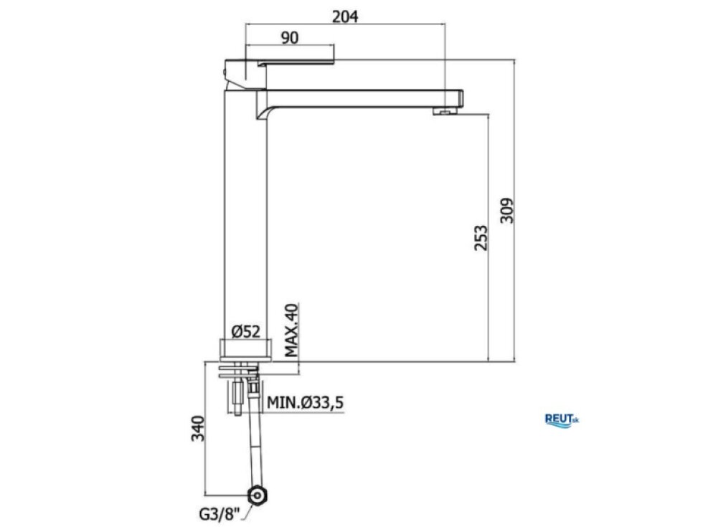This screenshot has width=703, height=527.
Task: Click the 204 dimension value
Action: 345,16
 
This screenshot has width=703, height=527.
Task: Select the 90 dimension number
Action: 290,37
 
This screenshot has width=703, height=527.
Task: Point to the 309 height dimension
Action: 507,210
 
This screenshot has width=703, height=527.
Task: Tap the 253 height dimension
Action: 481,237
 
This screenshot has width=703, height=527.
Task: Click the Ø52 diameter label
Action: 245,331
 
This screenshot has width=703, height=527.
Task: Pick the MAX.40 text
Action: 291,331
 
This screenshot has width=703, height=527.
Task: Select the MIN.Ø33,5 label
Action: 305,402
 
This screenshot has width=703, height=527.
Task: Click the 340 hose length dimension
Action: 198,429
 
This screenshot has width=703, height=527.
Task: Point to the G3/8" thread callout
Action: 220,513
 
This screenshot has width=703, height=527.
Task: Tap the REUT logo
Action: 561,420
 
